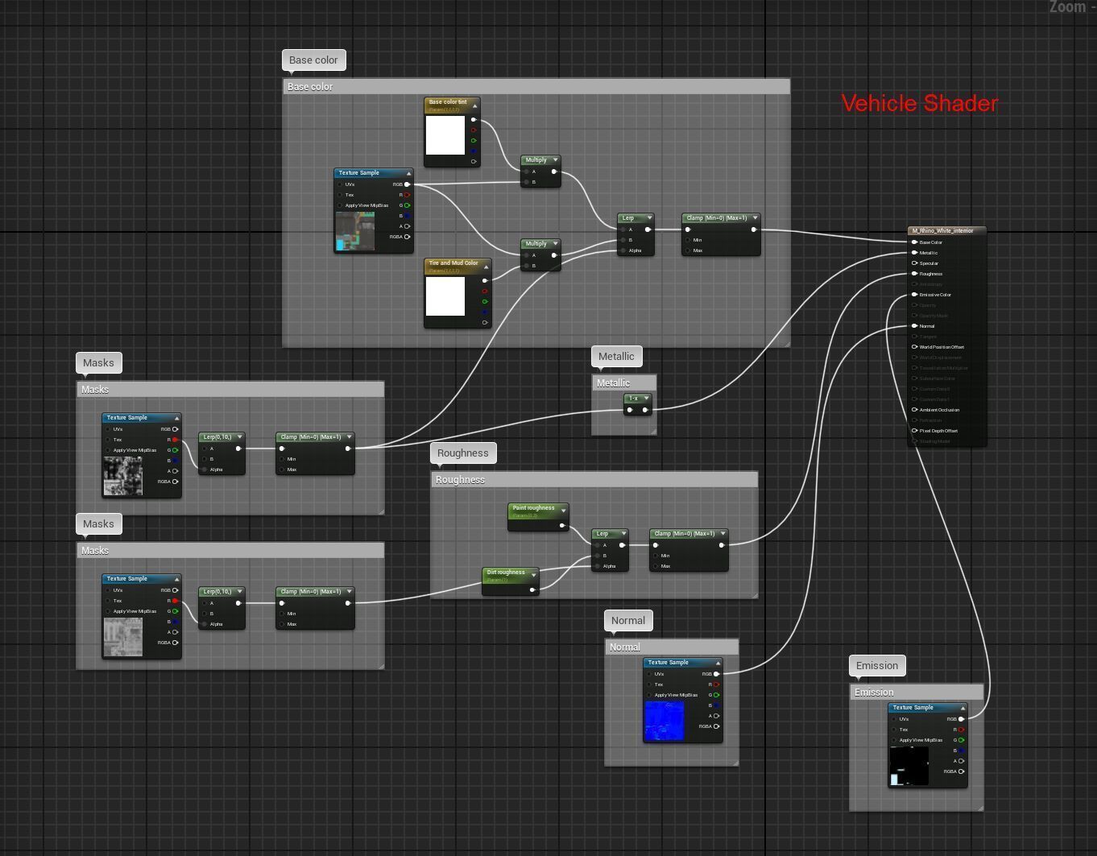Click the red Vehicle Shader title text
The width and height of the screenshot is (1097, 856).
click(x=919, y=103)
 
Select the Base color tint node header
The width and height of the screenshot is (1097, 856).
click(x=448, y=103)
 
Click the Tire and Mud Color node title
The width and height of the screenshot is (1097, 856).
click(x=453, y=263)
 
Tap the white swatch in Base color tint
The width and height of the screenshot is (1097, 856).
click(x=445, y=135)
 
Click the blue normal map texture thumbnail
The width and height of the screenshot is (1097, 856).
click(x=664, y=721)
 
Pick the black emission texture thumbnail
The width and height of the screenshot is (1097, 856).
click(x=909, y=766)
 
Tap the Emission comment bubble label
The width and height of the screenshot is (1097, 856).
click(x=876, y=666)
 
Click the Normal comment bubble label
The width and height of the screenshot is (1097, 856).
click(x=627, y=621)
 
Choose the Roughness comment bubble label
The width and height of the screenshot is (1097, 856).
click(x=462, y=453)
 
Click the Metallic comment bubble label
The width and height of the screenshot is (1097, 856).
click(x=616, y=357)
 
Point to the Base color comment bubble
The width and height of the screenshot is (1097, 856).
click(x=313, y=60)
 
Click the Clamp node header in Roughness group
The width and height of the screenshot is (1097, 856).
click(x=684, y=534)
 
